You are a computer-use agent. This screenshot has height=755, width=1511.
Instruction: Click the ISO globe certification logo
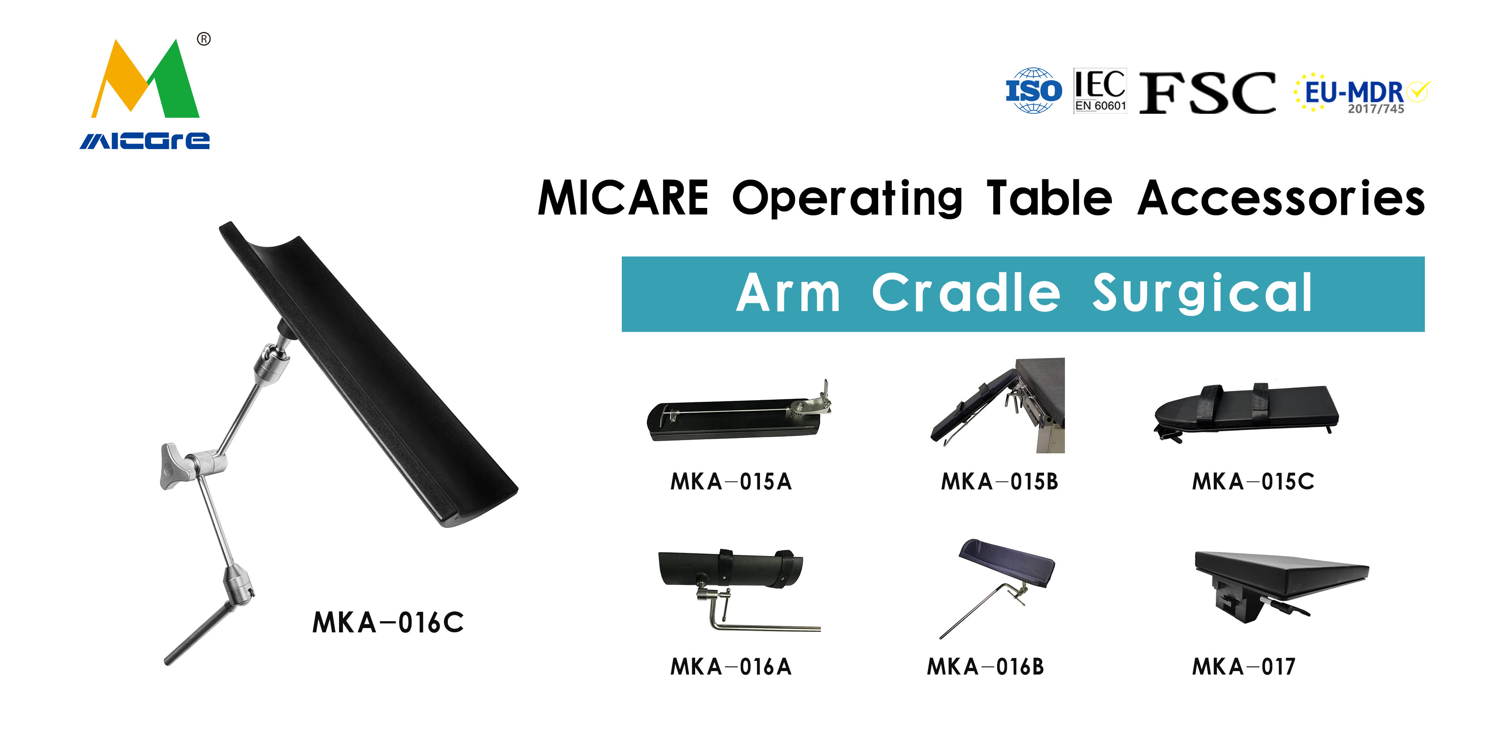[x=1033, y=91]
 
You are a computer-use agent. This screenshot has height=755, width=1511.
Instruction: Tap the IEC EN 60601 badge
[x=1100, y=91]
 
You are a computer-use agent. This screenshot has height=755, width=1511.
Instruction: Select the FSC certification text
[x=1207, y=92]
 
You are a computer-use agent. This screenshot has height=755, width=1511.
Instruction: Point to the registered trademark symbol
[x=203, y=39]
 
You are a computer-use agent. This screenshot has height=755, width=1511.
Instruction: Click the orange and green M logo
[x=145, y=78]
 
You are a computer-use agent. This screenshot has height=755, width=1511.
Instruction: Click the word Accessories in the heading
[x=1281, y=199]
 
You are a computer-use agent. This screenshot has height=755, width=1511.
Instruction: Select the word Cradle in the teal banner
[x=966, y=293]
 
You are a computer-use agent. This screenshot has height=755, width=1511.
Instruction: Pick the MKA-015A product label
[x=731, y=482]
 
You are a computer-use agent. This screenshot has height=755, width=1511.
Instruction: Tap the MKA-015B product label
[x=1000, y=482]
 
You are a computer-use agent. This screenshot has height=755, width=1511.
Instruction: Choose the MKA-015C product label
[x=1253, y=482]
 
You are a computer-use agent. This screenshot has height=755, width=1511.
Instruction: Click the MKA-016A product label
[x=731, y=667]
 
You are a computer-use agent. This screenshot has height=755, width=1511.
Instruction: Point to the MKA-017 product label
[x=1244, y=667]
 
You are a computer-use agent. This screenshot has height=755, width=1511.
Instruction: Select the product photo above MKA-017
[x=1282, y=586]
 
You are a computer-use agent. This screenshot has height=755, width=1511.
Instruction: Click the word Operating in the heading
[x=847, y=199]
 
